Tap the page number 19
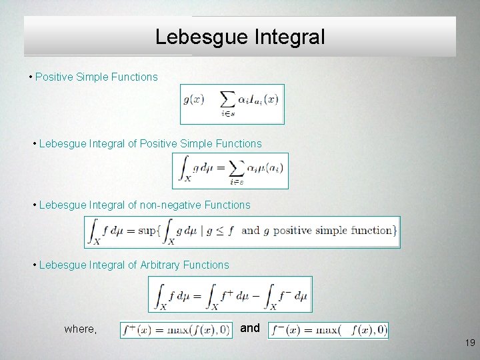tap(470, 343)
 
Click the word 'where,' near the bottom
tap(80, 329)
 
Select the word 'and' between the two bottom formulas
tap(249, 328)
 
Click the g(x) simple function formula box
tap(232, 104)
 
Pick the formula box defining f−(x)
tap(328, 330)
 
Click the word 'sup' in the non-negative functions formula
tap(147, 231)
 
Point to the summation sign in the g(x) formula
tap(228, 100)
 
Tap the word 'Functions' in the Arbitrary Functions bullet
tap(206, 265)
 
